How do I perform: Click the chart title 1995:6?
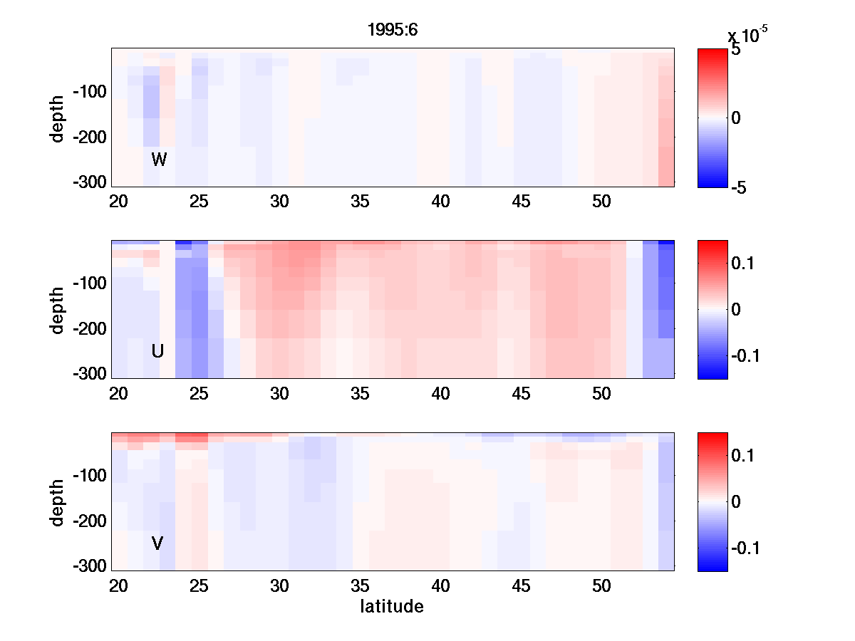tap(393, 31)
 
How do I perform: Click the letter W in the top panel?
tap(159, 160)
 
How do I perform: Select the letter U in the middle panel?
tap(158, 351)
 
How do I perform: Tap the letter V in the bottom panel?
tap(158, 543)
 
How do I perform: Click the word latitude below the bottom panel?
tap(392, 607)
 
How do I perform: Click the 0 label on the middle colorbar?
tap(737, 310)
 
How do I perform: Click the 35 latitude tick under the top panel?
tap(361, 202)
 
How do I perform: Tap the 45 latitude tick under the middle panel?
tap(522, 394)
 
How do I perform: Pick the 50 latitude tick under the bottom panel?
tap(602, 586)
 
